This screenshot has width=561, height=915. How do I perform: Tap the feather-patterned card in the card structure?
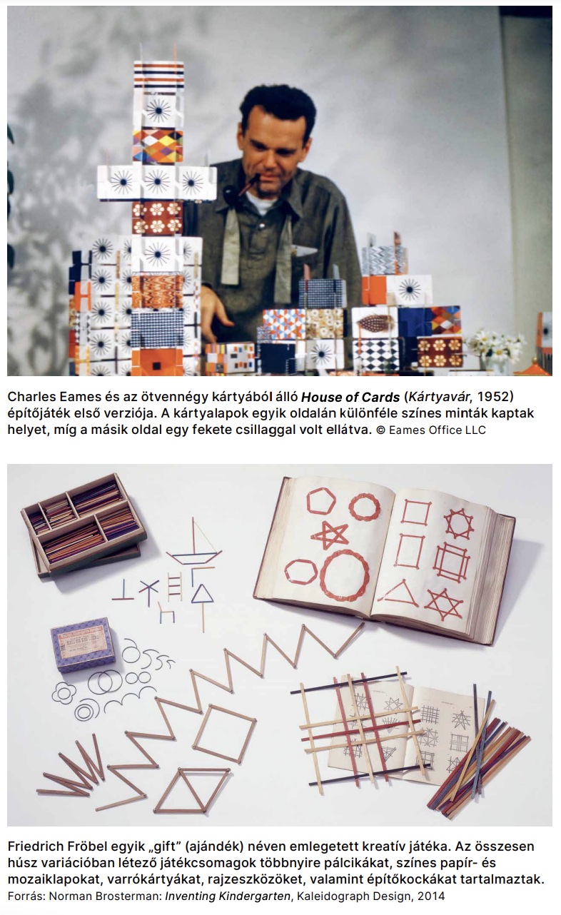(375, 322)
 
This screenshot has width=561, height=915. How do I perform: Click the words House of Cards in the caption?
(350, 397)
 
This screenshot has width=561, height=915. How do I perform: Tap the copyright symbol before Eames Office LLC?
(380, 430)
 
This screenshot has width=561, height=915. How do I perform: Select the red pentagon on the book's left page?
(321, 501)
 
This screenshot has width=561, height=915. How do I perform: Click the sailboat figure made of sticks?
(194, 542)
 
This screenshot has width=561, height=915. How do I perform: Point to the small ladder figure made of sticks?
(175, 587)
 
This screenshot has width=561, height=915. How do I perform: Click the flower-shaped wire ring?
(64, 693)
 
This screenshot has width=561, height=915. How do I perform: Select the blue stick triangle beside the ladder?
(202, 595)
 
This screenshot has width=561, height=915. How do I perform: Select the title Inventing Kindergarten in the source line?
(228, 896)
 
